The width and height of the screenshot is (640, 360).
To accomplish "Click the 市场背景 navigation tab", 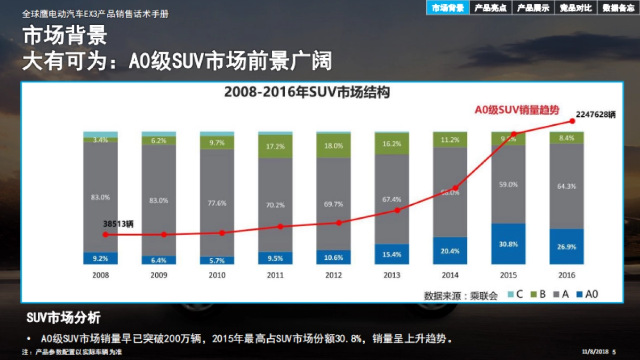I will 447,7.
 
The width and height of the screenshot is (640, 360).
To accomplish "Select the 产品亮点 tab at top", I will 490,7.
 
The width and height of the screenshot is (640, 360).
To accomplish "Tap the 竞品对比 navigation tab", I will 575,7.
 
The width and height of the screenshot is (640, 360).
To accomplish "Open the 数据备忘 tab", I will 618,7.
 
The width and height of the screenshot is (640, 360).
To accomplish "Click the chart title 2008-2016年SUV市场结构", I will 307,92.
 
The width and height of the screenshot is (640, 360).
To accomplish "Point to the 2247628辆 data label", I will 596,114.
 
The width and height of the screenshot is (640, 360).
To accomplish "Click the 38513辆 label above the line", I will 118,224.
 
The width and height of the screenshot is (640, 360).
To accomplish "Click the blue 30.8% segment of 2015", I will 508,244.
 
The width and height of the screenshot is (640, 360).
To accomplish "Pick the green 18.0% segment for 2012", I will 333,146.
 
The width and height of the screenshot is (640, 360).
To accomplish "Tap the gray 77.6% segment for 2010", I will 217,203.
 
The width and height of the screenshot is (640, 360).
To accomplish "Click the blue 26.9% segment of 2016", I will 566,247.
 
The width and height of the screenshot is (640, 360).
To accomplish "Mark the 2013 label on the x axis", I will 391,275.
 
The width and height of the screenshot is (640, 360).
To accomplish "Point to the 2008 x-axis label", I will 100,275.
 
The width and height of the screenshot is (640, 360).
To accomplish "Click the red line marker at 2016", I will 572,121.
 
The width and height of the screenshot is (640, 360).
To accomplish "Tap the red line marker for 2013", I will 397,210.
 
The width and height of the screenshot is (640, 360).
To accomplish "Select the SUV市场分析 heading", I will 63,318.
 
